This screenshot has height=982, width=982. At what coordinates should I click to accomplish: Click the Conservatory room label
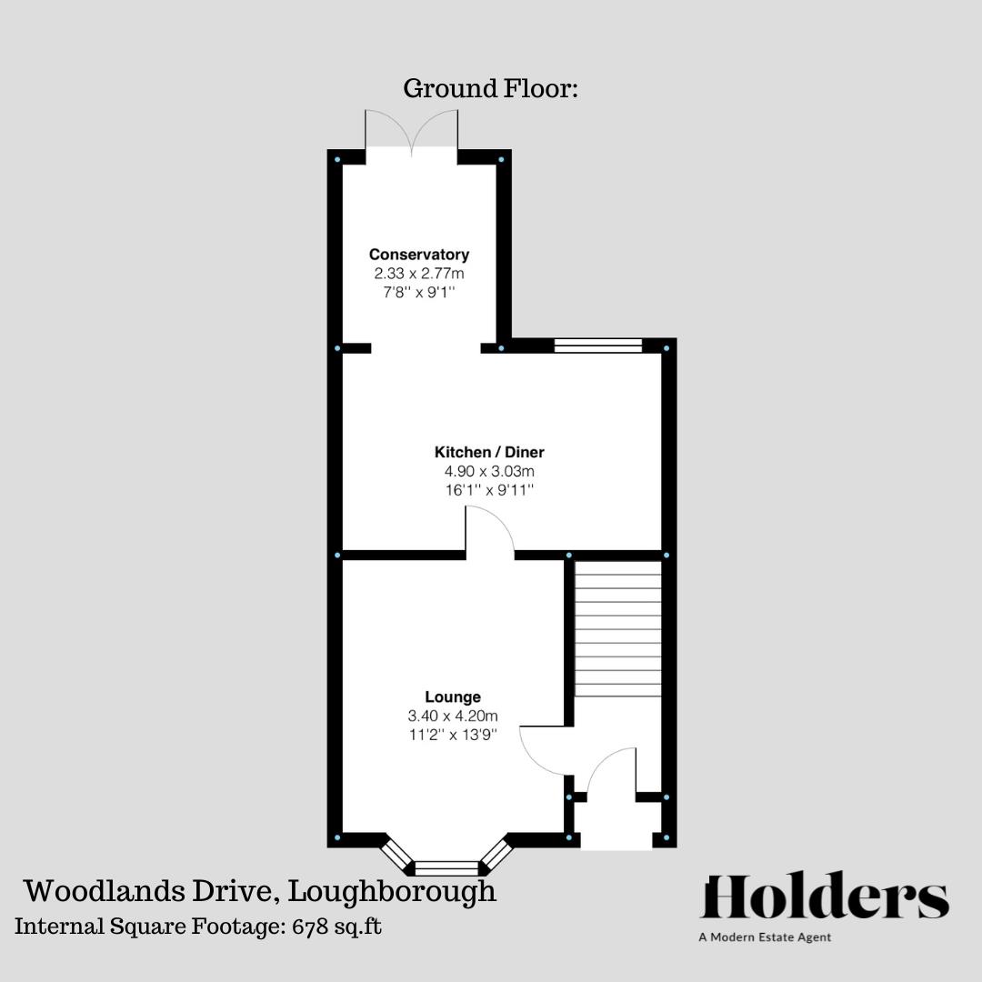[418, 255]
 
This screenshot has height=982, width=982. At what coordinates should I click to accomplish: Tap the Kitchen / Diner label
[489, 452]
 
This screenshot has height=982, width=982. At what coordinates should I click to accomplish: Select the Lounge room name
[453, 697]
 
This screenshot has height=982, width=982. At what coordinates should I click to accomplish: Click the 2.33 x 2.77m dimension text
[418, 273]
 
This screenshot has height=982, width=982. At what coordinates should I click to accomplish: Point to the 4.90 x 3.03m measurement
[489, 471]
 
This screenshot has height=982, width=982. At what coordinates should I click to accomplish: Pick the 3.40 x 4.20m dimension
[453, 716]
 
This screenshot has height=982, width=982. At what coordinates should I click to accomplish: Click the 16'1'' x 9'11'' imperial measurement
[489, 490]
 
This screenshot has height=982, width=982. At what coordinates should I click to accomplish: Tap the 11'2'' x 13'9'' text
[453, 735]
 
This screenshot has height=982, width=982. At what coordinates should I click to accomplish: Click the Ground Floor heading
[491, 89]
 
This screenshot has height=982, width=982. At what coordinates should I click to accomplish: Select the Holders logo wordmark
[825, 898]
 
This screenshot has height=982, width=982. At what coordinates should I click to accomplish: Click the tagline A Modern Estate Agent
[765, 937]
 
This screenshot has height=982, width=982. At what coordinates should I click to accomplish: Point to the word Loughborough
[392, 891]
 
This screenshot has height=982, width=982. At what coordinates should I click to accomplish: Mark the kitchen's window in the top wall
[597, 346]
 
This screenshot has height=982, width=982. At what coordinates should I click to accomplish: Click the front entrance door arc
[611, 773]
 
